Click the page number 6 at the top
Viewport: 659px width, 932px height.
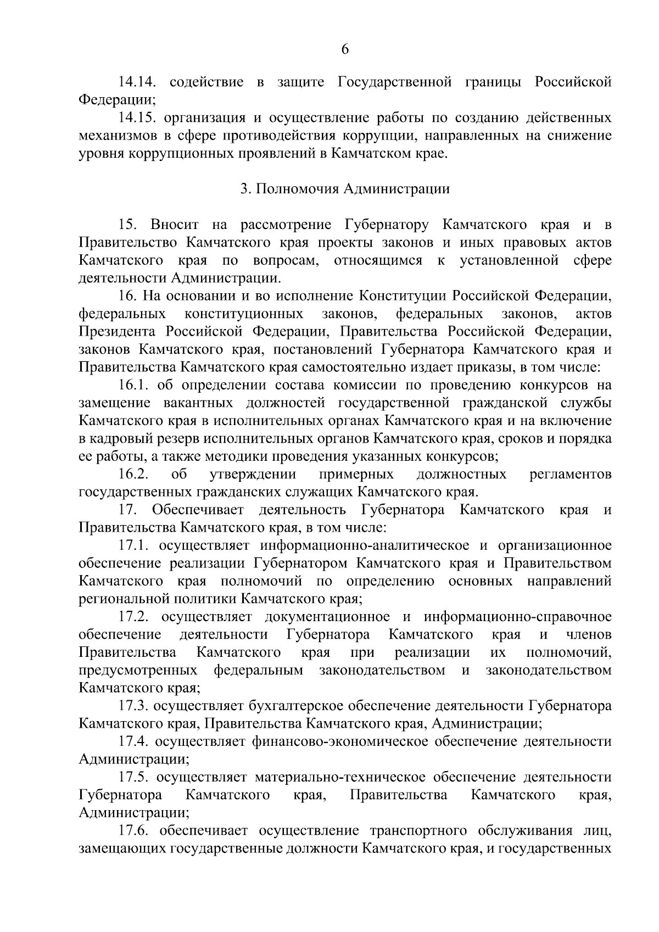click(345, 50)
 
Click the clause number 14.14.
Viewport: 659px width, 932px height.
click(138, 82)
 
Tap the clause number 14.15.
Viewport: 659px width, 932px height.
click(138, 118)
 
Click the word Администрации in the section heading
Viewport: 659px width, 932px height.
click(396, 189)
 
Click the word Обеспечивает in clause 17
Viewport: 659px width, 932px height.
click(198, 510)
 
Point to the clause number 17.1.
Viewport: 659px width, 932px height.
click(135, 545)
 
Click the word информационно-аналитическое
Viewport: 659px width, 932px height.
click(365, 545)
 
